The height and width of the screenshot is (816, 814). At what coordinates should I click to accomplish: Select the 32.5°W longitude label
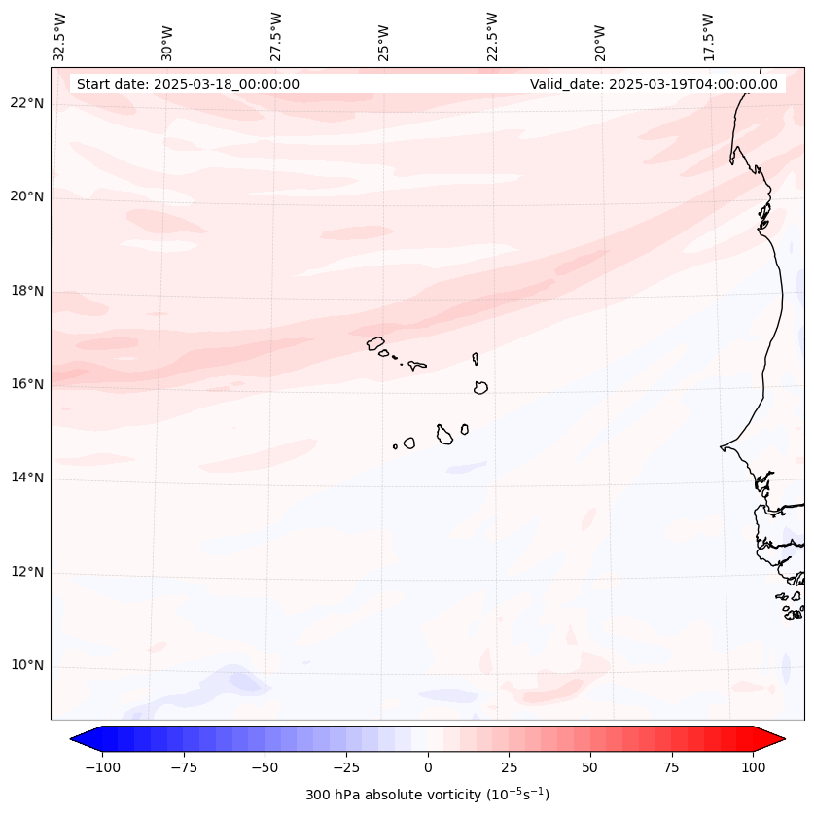(61, 38)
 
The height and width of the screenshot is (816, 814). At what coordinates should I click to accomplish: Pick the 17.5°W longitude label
(708, 38)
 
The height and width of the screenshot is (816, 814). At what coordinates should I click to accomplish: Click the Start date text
(188, 84)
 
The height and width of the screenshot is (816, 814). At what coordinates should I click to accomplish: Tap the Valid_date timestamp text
(654, 84)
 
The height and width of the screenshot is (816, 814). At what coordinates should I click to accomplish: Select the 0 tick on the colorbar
(428, 768)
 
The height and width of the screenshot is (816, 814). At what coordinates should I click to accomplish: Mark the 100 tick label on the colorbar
(754, 768)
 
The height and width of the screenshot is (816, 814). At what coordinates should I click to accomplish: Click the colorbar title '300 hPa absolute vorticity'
(428, 796)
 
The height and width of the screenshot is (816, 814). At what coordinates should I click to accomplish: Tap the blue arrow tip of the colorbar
(76, 739)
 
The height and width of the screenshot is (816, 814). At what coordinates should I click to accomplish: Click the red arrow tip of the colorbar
(780, 739)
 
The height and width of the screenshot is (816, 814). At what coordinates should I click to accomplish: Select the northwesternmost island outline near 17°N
(375, 343)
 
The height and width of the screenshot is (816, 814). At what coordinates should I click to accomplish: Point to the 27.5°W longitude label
(276, 38)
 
